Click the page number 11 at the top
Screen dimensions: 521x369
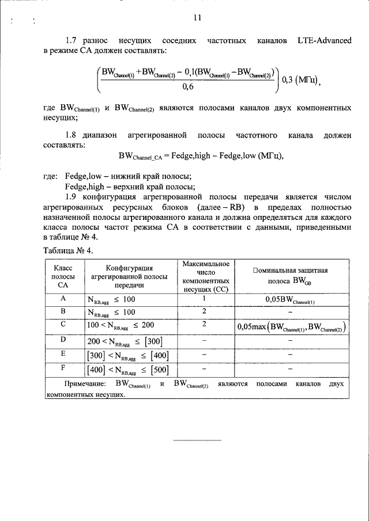pyautogui.click(x=197, y=17)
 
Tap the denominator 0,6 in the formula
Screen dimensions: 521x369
pyautogui.click(x=188, y=87)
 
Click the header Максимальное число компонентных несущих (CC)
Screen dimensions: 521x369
pyautogui.click(x=206, y=276)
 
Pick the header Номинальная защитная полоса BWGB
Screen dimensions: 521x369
pyautogui.click(x=291, y=276)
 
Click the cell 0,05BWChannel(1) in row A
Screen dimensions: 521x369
pyautogui.click(x=290, y=299)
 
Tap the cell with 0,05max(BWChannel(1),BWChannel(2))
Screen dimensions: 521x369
pyautogui.click(x=291, y=327)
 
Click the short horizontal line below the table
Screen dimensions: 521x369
pyautogui.click(x=197, y=440)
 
